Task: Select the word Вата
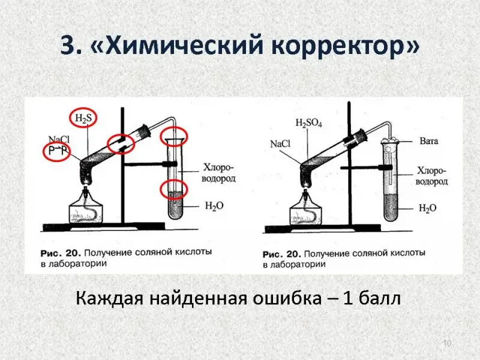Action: point(428,142)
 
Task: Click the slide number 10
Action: point(446,343)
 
